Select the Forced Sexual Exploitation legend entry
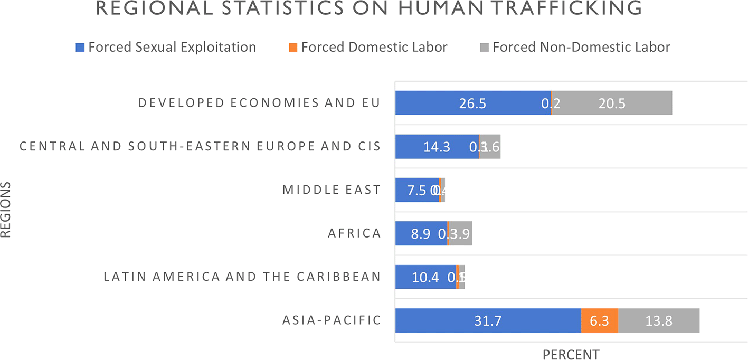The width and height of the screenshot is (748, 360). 166,47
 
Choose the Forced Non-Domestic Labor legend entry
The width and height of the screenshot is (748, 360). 575,47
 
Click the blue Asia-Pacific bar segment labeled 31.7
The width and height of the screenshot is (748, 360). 488,320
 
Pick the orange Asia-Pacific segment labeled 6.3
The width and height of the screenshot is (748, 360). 600,320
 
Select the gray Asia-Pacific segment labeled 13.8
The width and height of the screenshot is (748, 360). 659,320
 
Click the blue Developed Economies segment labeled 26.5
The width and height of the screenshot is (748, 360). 473,103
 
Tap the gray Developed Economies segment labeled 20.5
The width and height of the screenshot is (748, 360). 612,103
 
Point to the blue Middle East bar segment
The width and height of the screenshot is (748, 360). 417,190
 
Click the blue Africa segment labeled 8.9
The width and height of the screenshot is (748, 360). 421,233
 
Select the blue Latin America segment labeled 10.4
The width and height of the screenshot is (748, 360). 425,277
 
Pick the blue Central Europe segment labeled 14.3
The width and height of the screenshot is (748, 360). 437,146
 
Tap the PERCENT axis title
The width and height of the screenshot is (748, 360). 571,354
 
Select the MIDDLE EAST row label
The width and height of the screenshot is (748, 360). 332,190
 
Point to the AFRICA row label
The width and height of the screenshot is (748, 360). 354,233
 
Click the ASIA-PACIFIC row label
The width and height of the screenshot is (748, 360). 332,320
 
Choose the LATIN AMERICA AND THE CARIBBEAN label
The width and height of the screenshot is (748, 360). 242,277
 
